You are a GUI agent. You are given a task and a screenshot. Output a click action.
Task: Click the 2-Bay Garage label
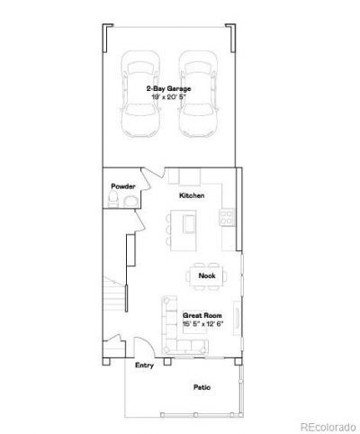(168, 88)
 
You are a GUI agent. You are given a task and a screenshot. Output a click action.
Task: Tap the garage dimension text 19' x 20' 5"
(168, 97)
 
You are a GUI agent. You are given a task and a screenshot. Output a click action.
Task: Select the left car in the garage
(139, 94)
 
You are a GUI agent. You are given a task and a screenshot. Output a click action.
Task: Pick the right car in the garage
(198, 94)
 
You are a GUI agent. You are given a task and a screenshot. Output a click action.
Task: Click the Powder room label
(123, 186)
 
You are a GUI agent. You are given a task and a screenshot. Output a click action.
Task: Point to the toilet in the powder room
(113, 199)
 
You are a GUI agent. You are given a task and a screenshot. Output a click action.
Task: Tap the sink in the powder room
(130, 202)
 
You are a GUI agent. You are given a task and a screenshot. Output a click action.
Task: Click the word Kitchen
(192, 195)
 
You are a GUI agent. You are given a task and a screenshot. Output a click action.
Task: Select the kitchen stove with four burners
(227, 218)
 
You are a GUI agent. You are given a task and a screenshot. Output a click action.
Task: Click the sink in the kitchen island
(190, 223)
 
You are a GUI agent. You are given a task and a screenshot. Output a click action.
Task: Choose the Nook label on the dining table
(207, 276)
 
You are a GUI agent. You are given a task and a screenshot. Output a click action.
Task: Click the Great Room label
(202, 315)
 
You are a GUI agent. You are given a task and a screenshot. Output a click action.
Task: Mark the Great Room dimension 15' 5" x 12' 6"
(203, 324)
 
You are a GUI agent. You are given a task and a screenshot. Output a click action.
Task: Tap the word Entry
(144, 366)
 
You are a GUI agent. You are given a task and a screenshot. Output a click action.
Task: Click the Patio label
(202, 387)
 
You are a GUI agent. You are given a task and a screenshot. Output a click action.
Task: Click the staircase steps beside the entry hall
(114, 294)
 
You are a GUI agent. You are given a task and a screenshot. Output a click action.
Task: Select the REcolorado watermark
(328, 427)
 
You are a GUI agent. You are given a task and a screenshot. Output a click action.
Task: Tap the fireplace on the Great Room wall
(237, 318)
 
